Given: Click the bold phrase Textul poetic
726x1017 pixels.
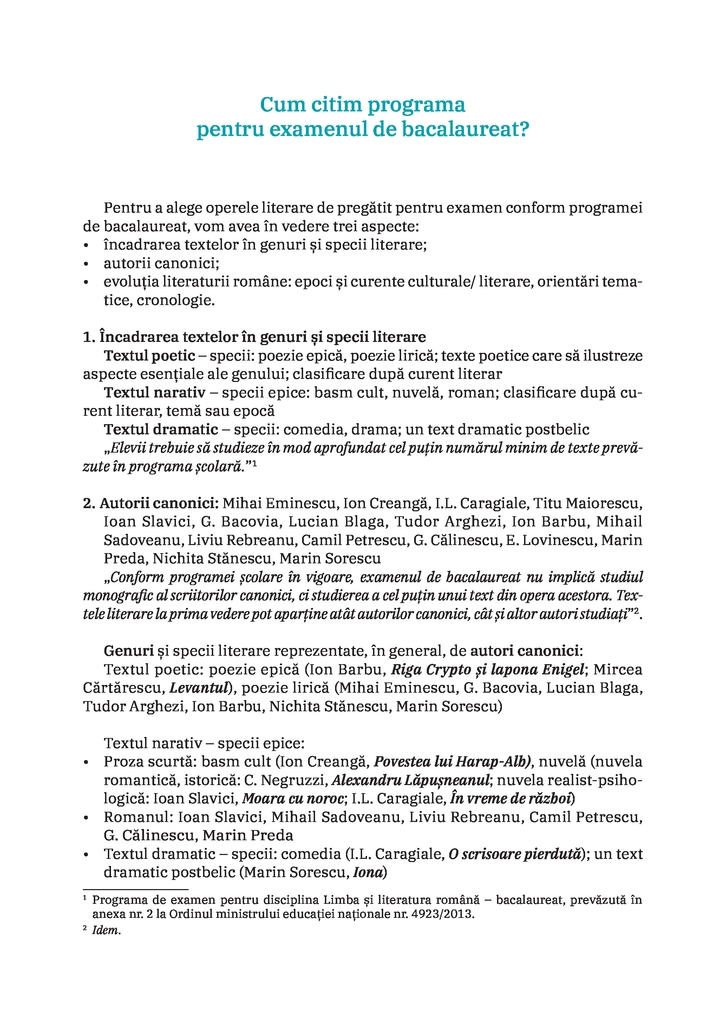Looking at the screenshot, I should click(x=149, y=356).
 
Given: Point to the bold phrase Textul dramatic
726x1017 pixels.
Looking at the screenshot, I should click(x=161, y=429).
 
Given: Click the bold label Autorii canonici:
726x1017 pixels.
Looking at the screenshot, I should click(x=159, y=503).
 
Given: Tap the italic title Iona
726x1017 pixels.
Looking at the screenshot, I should click(x=367, y=872).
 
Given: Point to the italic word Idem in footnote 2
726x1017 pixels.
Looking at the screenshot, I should click(x=106, y=930).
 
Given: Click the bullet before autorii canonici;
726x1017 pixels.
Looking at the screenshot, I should click(x=86, y=264).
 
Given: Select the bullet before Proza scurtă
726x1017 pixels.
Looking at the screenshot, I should click(x=86, y=762).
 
